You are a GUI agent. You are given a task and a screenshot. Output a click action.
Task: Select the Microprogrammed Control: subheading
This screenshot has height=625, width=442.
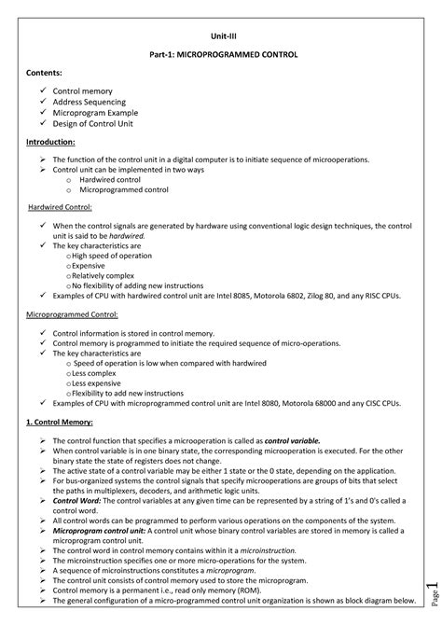click(x=72, y=315)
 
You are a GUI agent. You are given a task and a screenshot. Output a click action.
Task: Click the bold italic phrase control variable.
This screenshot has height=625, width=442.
click(x=292, y=439)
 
